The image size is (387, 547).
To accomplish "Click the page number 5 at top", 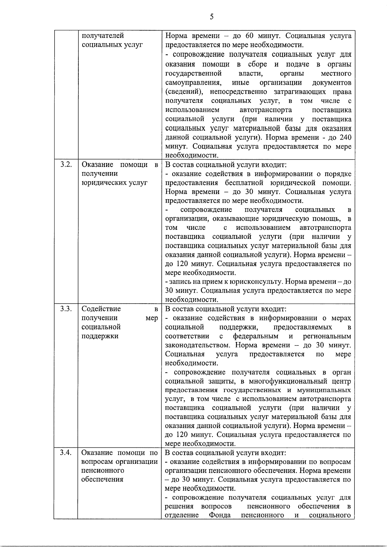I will (x=212, y=17).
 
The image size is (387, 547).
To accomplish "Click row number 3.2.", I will (x=66, y=165).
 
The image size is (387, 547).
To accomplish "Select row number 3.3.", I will (x=66, y=309).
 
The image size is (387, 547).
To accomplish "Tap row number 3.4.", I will (x=66, y=453).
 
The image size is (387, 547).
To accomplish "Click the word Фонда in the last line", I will (x=220, y=515).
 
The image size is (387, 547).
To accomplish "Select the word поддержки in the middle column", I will (x=100, y=336).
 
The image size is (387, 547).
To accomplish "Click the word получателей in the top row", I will (x=103, y=36).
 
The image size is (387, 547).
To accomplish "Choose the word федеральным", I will (x=256, y=337).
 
